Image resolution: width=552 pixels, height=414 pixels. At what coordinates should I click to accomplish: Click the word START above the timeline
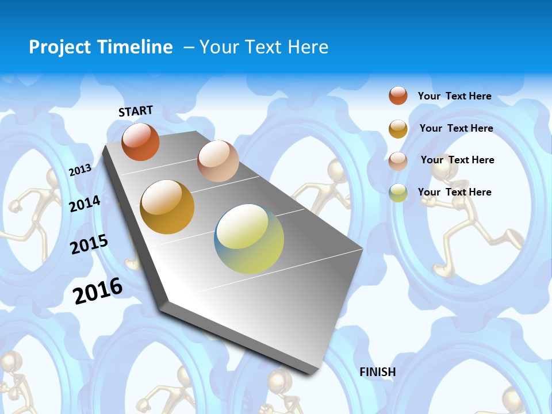tap(136, 111)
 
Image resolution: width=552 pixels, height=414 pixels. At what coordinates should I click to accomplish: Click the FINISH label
tap(378, 372)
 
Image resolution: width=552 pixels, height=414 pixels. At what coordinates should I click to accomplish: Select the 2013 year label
tap(80, 170)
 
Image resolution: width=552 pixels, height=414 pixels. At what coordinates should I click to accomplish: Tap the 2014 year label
tap(85, 204)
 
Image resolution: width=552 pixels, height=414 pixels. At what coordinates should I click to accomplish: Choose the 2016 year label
tap(98, 291)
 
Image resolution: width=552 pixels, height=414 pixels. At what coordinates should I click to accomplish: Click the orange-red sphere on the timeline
tap(140, 142)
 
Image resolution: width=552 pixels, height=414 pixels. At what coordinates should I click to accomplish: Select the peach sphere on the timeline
tap(218, 161)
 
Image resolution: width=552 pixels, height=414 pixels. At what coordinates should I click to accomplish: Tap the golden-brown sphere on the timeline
tap(167, 207)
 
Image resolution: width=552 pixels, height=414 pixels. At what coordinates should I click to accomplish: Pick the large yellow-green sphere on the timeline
tap(249, 239)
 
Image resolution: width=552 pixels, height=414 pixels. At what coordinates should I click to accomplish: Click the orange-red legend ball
tap(398, 95)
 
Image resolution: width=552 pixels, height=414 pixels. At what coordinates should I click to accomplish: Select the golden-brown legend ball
tap(398, 128)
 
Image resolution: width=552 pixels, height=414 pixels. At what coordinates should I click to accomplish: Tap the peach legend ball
tap(398, 160)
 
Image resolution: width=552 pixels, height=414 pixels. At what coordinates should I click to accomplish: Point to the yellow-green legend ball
tap(398, 193)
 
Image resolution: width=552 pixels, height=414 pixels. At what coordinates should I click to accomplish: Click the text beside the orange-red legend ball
tap(454, 96)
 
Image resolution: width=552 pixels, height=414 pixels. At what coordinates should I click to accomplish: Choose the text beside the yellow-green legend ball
tap(454, 192)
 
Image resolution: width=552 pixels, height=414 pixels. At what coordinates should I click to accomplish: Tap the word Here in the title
tap(308, 47)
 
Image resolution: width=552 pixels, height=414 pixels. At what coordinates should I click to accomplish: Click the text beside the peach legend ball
tap(457, 160)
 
